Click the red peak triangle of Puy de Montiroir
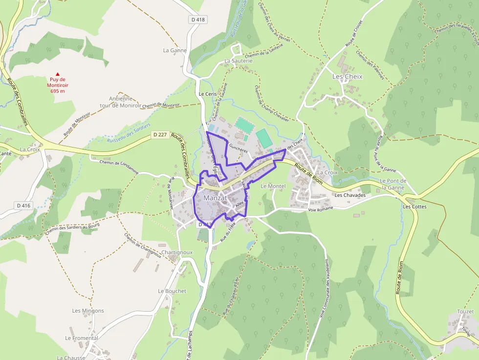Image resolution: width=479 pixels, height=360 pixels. [58, 74]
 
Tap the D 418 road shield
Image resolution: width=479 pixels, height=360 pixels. [198, 20]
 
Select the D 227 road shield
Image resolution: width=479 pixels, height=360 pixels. [160, 135]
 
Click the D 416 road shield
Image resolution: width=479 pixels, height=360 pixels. [23, 206]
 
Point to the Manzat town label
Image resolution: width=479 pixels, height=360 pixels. [216, 198]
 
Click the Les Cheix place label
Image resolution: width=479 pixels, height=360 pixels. [347, 77]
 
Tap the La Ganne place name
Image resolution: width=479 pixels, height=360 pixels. [175, 50]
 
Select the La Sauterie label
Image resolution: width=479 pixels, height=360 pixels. [239, 61]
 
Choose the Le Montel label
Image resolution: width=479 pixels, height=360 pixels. [273, 186]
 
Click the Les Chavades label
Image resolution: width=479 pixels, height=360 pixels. [350, 195]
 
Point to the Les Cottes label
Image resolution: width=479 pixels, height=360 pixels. [414, 207]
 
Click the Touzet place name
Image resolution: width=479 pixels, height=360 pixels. [465, 312]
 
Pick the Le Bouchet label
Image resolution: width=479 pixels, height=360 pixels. [172, 291]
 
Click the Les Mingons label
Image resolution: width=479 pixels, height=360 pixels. [88, 311]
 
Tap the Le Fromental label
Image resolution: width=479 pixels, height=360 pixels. [82, 338]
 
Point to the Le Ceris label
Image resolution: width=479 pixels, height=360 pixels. [207, 94]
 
